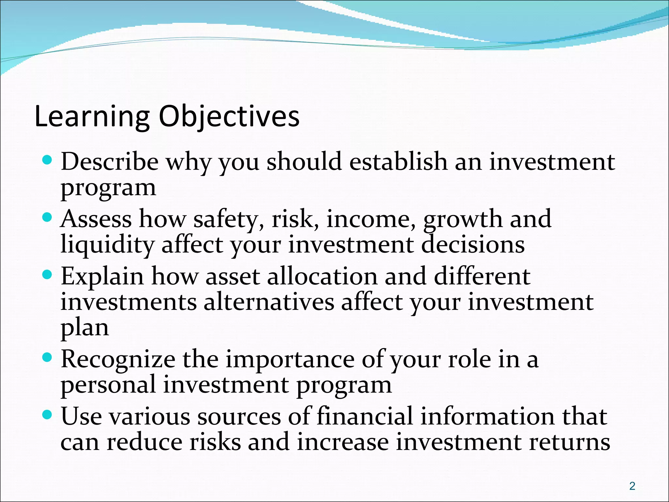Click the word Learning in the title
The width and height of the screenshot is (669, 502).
(92, 117)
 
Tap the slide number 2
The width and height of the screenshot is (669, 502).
(632, 486)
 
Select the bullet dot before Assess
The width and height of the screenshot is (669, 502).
(47, 217)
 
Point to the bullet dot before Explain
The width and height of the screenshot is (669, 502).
(47, 275)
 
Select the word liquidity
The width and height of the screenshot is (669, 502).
(107, 245)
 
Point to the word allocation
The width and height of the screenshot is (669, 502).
(322, 276)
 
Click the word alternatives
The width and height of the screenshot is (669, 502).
(269, 302)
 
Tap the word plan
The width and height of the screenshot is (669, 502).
(85, 328)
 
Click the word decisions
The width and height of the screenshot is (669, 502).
(473, 245)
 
